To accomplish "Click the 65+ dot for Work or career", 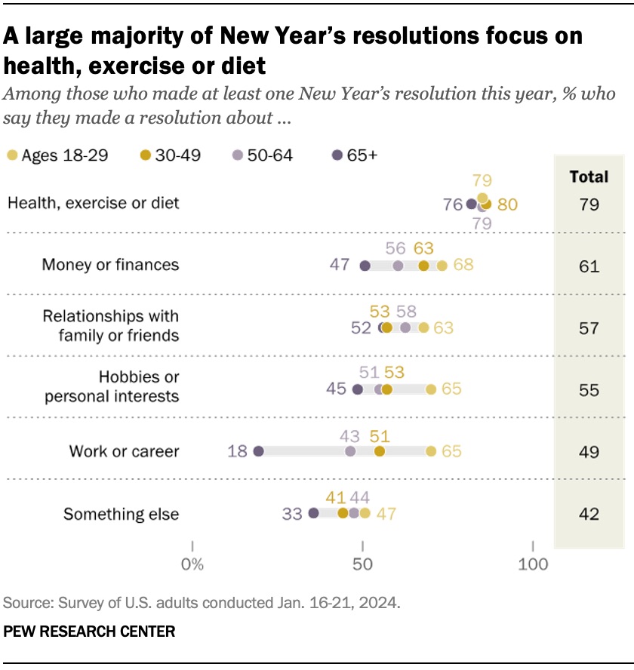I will [x=258, y=451].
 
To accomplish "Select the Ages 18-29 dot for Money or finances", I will [x=442, y=266].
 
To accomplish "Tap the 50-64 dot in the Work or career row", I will [x=349, y=451].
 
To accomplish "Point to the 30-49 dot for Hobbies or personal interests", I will [x=386, y=389].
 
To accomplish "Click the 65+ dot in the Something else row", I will [x=314, y=513].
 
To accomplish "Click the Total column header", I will [x=589, y=177].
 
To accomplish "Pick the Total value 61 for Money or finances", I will [x=589, y=266].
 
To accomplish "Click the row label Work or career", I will [x=124, y=451].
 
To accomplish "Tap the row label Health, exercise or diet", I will [x=93, y=203].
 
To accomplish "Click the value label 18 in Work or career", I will [x=238, y=451].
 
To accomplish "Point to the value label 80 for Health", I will [x=507, y=204].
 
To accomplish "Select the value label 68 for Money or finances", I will [x=463, y=266].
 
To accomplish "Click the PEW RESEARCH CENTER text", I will [x=90, y=631].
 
